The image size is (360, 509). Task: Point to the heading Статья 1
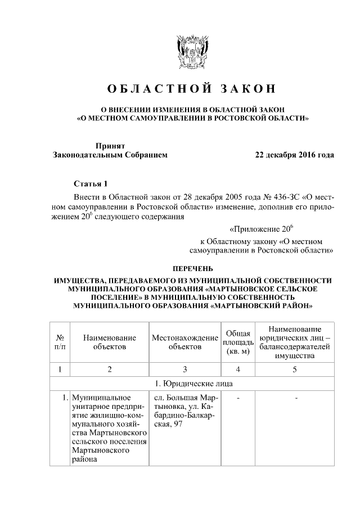pyautogui.click(x=89, y=184)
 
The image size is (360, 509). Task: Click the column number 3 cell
pyautogui.click(x=184, y=369)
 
